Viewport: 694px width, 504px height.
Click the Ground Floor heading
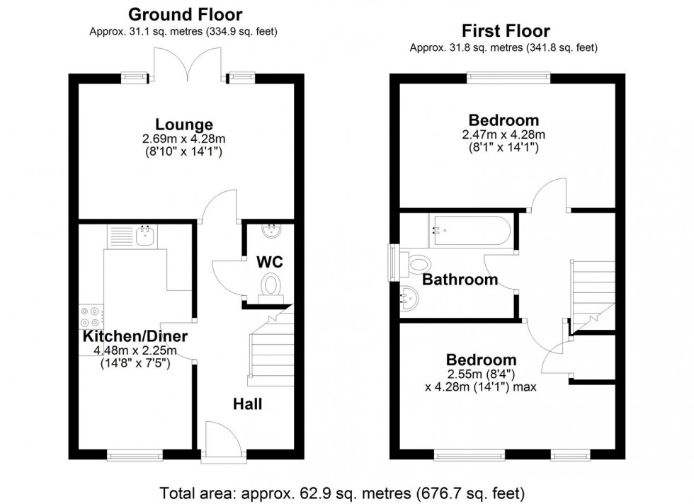tap(185, 14)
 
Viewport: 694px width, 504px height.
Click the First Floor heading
tap(506, 31)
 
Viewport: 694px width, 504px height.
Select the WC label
tap(269, 262)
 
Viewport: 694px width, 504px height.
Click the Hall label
tap(248, 404)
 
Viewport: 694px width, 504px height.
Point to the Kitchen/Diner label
tap(135, 336)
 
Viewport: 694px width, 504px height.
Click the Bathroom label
tap(460, 280)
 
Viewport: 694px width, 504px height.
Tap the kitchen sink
tap(144, 236)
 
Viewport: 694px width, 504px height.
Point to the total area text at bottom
tap(342, 492)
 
